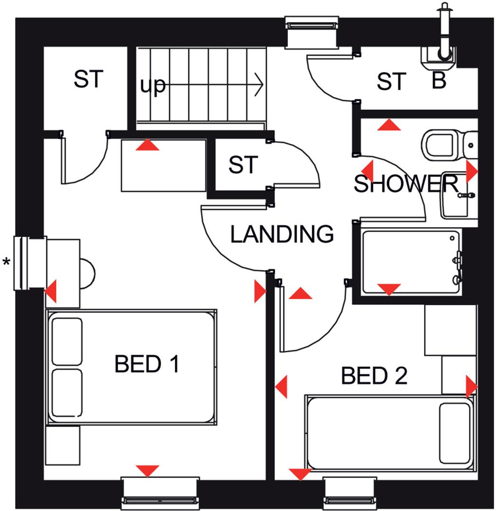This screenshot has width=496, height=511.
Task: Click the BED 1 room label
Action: pyautogui.click(x=147, y=364)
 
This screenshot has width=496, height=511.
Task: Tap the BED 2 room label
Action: pyautogui.click(x=374, y=376)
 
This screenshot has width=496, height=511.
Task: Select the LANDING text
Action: pyautogui.click(x=282, y=234)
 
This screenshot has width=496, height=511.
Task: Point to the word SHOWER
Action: pyautogui.click(x=406, y=184)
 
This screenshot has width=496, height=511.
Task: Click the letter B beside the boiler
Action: pyautogui.click(x=439, y=81)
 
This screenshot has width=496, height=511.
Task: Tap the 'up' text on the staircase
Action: pyautogui.click(x=153, y=86)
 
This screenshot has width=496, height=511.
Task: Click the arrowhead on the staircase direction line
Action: pyautogui.click(x=258, y=85)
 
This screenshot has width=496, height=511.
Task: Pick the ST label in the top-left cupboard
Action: pyautogui.click(x=88, y=79)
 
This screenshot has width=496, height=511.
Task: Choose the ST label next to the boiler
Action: pyautogui.click(x=391, y=82)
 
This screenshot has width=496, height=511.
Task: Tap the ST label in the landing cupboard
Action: pyautogui.click(x=243, y=165)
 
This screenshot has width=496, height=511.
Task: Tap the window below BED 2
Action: pyautogui.click(x=350, y=493)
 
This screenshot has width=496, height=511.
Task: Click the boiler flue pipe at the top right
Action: pyautogui.click(x=444, y=28)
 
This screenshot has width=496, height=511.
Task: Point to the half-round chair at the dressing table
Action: pyautogui.click(x=87, y=273)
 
